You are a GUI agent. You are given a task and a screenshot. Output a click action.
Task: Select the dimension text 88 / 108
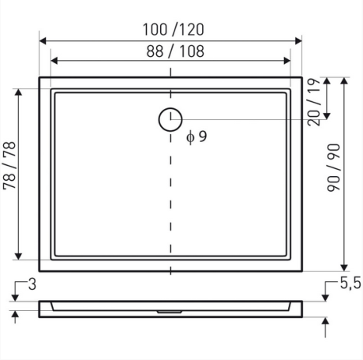(170, 50)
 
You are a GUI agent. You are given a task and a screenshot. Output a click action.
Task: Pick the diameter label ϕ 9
(196, 137)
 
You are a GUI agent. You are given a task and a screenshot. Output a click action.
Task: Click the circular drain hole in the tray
(170, 119)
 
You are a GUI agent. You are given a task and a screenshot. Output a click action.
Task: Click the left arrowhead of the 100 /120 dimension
(43, 39)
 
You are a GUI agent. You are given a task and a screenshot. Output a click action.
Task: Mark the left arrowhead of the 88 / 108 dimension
(54, 60)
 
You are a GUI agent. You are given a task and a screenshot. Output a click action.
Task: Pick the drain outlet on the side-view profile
(170, 310)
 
